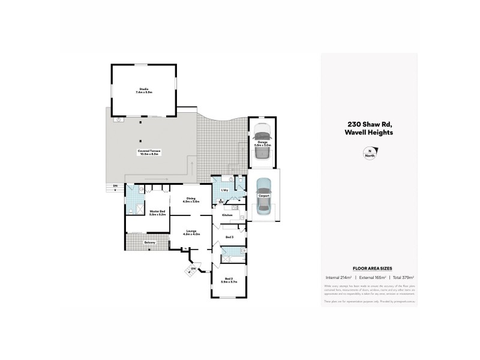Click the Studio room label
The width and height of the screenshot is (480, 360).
click(144, 91)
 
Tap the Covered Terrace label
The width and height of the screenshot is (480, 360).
click(148, 152)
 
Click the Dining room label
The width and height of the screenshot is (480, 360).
click(191, 200)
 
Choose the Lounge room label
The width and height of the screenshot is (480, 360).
click(191, 232)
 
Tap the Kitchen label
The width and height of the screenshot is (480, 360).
click(227, 214)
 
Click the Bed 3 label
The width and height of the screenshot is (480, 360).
click(229, 238)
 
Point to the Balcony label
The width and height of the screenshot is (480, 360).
click(149, 242)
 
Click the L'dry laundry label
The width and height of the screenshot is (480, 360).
click(226, 190)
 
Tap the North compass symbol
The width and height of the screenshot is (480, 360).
click(370, 153)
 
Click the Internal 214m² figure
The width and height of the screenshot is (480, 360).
click(338, 277)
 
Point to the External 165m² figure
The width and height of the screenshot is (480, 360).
click(372, 277)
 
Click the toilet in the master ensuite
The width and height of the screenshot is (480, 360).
click(130, 211)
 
